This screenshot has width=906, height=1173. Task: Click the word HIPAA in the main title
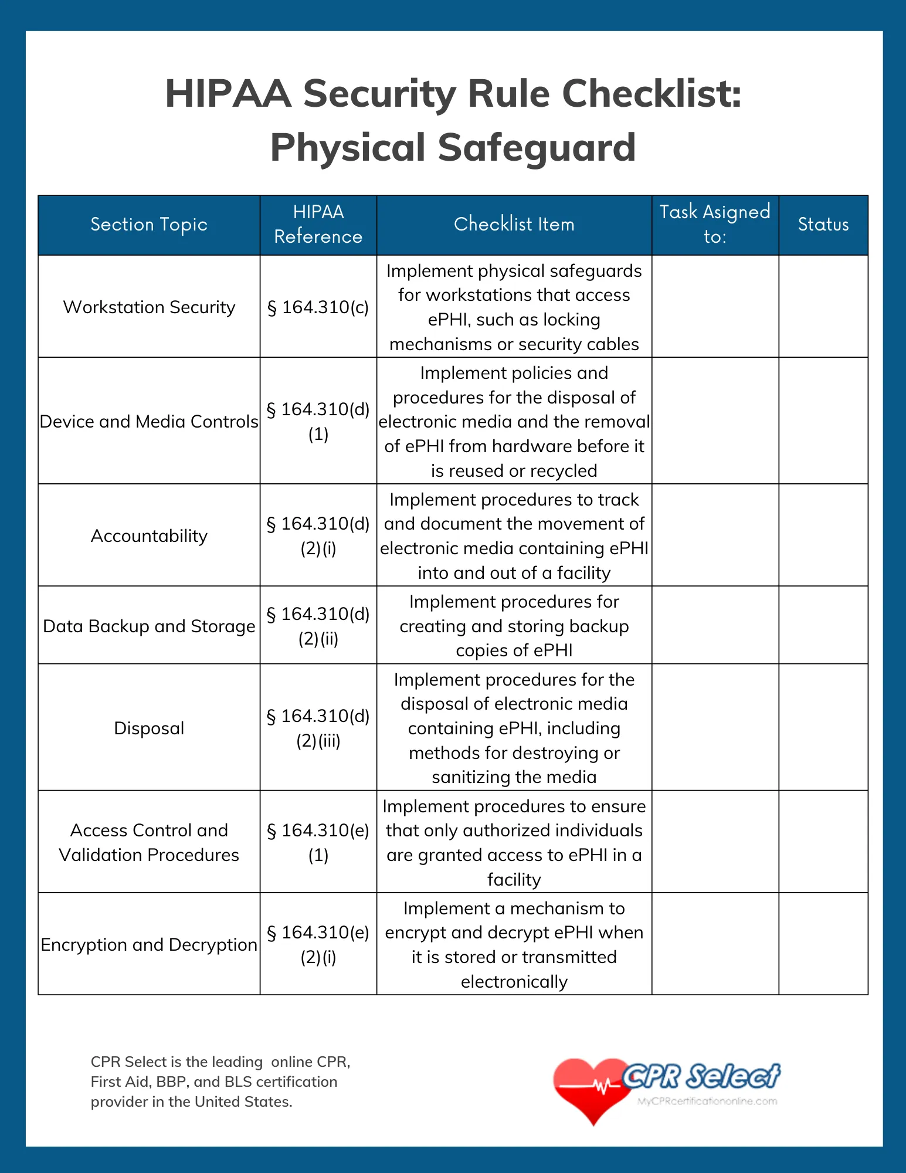click(228, 94)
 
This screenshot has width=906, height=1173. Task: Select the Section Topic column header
click(149, 225)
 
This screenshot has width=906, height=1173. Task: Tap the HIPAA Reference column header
click(318, 224)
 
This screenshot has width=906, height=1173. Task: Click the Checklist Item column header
click(514, 224)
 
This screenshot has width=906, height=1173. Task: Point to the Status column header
click(823, 225)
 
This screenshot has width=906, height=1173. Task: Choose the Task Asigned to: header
click(714, 224)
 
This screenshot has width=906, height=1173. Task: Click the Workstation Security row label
click(149, 307)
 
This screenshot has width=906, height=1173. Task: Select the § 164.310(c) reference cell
click(318, 307)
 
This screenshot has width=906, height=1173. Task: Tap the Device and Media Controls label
click(149, 421)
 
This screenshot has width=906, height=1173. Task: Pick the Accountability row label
click(149, 535)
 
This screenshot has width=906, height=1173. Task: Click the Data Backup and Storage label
click(149, 626)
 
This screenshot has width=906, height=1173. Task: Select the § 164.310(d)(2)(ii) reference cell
click(318, 626)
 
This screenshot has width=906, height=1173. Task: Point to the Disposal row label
click(149, 728)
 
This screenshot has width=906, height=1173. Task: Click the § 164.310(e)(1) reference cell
click(318, 842)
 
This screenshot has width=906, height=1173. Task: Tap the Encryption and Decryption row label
click(149, 944)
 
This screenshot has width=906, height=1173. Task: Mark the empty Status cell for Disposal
click(823, 728)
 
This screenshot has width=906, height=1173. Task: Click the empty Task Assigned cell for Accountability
click(714, 535)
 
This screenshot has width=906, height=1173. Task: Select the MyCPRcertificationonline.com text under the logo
click(707, 1101)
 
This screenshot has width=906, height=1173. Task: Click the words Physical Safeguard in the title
click(453, 147)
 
